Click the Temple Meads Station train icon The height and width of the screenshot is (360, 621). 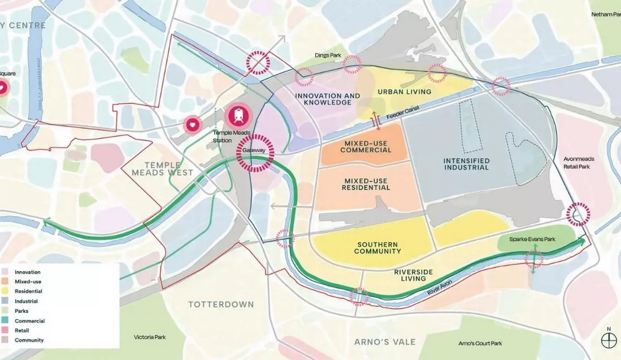click(238, 115)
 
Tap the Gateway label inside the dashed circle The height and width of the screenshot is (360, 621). click(253, 151)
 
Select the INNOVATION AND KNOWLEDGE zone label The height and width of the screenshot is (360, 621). click(327, 99)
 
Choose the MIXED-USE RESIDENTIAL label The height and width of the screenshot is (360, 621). click(366, 184)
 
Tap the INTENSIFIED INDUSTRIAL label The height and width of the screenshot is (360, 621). click(466, 164)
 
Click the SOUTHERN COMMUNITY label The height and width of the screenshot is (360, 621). click(377, 247)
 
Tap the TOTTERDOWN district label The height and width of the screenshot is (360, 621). click(221, 304)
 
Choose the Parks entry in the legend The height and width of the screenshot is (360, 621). click(21, 311)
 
